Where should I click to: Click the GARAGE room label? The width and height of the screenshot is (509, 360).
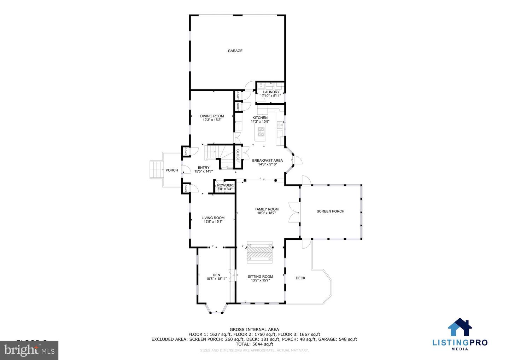[x=235, y=51]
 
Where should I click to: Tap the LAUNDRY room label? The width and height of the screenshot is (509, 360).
[x=271, y=92]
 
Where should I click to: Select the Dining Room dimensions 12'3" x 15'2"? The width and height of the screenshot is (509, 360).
[x=212, y=120]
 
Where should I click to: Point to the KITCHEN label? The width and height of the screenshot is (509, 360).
[x=260, y=118]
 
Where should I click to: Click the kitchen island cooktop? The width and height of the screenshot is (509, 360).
[x=262, y=133]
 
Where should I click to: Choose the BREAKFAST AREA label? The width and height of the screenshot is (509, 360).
[x=267, y=161]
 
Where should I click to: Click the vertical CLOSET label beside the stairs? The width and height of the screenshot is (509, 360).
[x=238, y=156]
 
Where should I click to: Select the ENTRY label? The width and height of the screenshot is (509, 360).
[x=204, y=168]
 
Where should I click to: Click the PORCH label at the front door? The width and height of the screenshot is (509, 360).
[x=172, y=170]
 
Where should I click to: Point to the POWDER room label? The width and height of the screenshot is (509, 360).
[x=225, y=185]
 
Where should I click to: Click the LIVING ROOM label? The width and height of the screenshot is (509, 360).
[x=213, y=218]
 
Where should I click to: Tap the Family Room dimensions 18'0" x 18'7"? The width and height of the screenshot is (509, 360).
[x=267, y=213]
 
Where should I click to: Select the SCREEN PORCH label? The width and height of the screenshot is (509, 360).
[x=330, y=211]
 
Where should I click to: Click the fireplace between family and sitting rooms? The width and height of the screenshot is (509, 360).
[x=260, y=252]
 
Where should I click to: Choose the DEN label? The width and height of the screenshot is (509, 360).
[x=216, y=275]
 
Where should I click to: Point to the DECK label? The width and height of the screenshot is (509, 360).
[x=300, y=278]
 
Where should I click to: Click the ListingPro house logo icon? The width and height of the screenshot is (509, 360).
[x=460, y=327]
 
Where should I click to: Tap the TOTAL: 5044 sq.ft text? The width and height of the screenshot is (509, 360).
[x=254, y=344]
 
